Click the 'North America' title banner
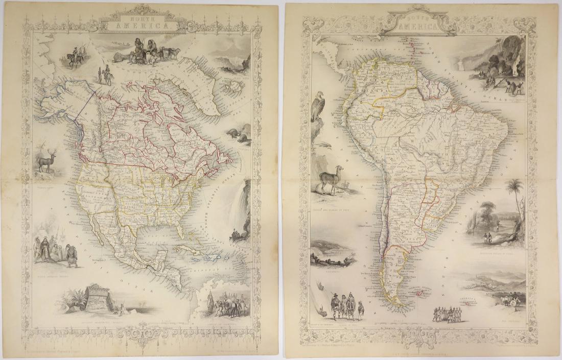138,23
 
